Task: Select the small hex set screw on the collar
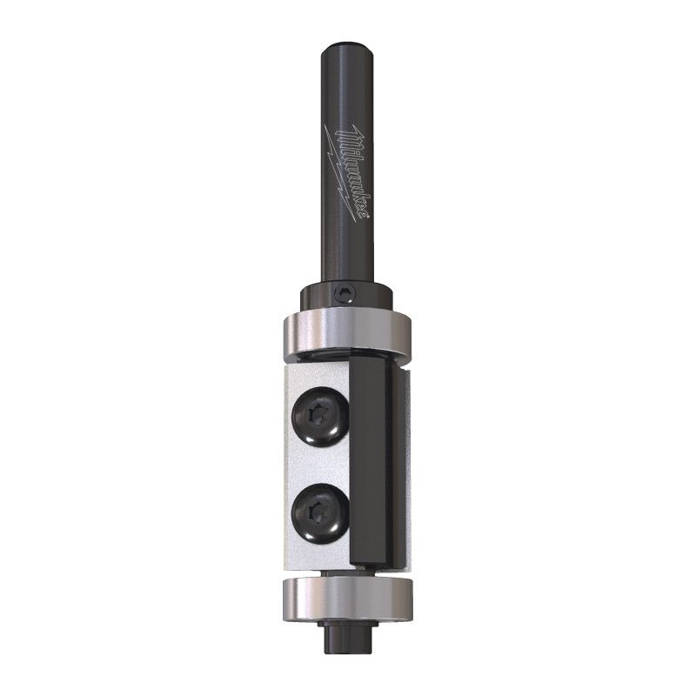(x=345, y=294)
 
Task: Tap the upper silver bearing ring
(x=347, y=338)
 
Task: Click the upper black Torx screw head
(x=318, y=413)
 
